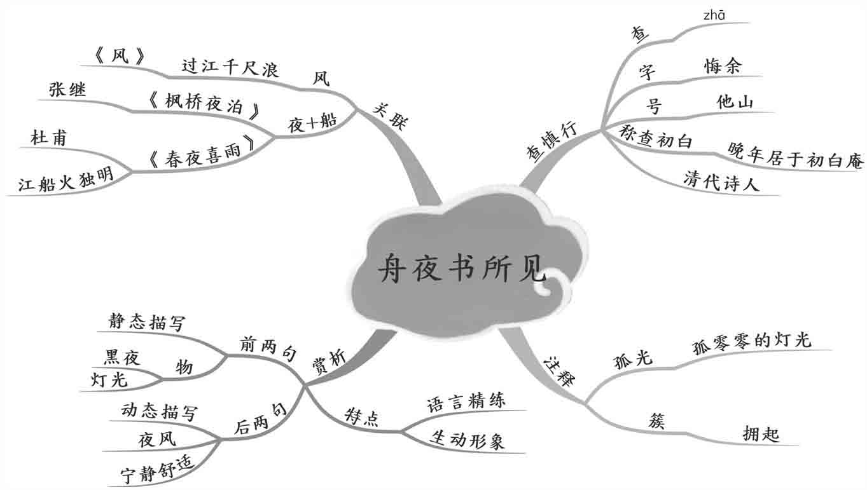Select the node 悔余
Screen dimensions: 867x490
coord(723,66)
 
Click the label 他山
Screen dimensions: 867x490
coord(735,102)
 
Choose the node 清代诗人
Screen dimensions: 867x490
coord(722,180)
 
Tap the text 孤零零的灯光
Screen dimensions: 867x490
coord(752,340)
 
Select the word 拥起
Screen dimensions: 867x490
coord(761,434)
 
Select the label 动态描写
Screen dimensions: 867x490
coord(159,412)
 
